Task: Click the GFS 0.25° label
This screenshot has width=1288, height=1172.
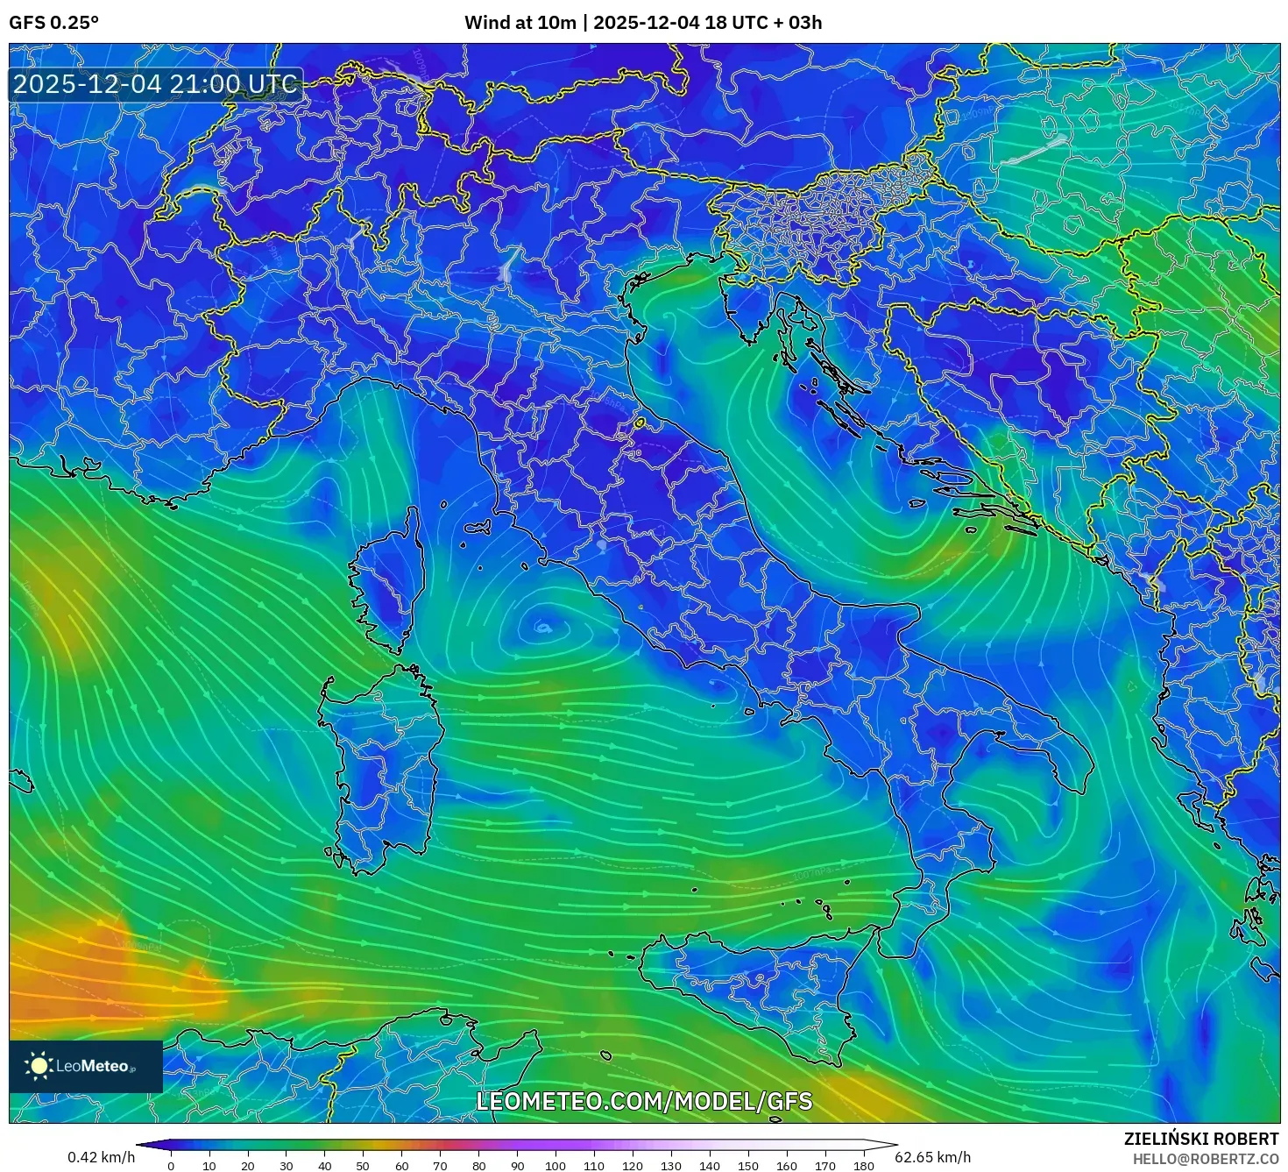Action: coord(53,23)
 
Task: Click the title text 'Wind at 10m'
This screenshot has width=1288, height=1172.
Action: coord(520,23)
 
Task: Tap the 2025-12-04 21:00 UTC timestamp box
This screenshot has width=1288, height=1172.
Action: coord(156,85)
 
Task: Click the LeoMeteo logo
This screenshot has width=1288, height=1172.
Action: coord(85,1066)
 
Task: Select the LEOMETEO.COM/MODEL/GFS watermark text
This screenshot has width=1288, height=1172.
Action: coord(644,1101)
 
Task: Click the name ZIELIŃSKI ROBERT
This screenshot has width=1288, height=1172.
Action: coord(1200,1139)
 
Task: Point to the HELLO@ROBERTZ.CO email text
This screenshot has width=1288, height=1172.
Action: coord(1205,1159)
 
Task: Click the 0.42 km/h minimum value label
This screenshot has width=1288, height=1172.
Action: coord(101,1157)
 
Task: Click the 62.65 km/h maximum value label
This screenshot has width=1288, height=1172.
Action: coord(932,1157)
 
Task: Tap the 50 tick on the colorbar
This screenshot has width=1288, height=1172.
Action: coord(363,1166)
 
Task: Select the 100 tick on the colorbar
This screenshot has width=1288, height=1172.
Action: coord(556,1166)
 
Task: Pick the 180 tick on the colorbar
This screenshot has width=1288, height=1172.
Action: coord(863,1166)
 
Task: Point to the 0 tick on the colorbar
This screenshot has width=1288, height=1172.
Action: coord(171,1166)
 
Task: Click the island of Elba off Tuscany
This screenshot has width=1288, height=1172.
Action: coord(478,529)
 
